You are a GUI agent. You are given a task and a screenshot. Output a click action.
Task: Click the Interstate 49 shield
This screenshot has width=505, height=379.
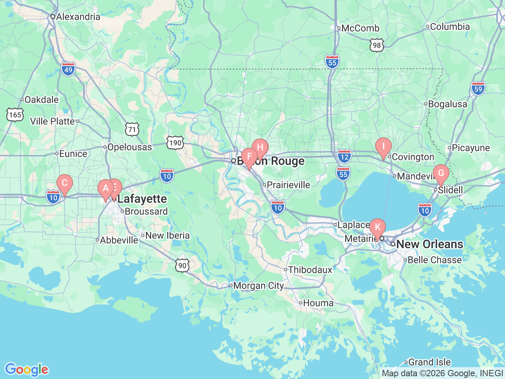tap(68, 69)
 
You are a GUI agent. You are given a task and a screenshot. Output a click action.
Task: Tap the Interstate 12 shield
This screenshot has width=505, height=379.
tap(344, 156)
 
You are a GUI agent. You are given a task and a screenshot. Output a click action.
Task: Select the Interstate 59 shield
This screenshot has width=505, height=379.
tap(478, 88)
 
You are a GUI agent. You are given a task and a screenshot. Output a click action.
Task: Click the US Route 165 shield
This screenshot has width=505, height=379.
tap(15, 115)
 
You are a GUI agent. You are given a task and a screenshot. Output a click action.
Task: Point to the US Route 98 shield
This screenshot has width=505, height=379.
tap(377, 45)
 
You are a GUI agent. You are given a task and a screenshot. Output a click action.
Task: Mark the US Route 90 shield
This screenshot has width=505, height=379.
tap(182, 265)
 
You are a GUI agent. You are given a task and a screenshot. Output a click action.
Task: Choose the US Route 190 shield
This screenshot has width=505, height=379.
tap(175, 143)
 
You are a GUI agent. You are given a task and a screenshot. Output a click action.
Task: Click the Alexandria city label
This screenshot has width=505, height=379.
tap(78, 17)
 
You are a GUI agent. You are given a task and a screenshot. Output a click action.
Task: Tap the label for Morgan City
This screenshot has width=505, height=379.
tap(258, 285)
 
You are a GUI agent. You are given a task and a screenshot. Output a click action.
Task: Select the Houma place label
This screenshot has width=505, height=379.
tap(318, 303)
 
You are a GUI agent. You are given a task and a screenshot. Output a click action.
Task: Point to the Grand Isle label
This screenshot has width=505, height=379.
tap(429, 362)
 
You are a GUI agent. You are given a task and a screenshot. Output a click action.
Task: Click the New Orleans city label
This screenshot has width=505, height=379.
tap(429, 244)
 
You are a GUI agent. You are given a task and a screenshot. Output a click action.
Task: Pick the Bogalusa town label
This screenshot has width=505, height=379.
tap(447, 104)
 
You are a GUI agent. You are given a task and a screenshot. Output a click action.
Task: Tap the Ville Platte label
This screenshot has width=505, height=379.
tap(52, 121)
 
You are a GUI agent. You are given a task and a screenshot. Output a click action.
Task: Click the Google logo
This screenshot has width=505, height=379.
tap(26, 370)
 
